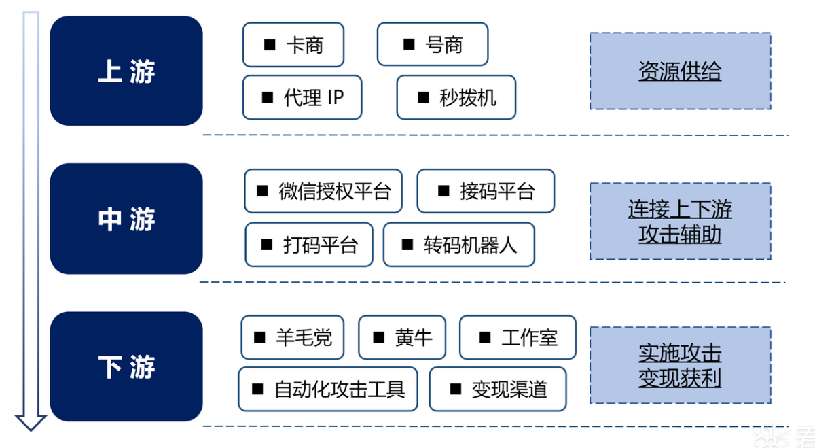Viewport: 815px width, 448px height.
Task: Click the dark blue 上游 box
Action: point(126,71)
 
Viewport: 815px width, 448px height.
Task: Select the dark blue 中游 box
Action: point(126,219)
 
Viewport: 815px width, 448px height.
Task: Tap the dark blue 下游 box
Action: point(126,366)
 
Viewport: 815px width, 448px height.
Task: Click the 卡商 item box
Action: point(293,45)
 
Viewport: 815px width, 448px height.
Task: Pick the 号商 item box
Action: point(433,45)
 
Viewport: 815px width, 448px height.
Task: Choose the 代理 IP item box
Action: point(302,97)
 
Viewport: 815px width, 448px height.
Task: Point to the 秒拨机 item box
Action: point(456,97)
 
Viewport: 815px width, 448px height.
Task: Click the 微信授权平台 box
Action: point(323,191)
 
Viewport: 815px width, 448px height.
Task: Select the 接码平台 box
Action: point(486,191)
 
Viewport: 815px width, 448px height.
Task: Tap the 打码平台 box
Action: point(309,244)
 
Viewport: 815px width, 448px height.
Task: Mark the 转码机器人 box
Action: point(459,244)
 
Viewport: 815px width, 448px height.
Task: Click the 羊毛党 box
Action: point(293,337)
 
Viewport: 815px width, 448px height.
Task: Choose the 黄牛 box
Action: point(402,337)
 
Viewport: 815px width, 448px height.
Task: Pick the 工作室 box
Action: point(518,337)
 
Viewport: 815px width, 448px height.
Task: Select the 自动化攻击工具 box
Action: point(328,389)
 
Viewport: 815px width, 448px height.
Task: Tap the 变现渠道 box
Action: point(498,389)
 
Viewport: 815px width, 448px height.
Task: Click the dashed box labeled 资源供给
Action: point(680,71)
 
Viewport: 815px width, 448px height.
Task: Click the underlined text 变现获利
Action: point(680,378)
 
